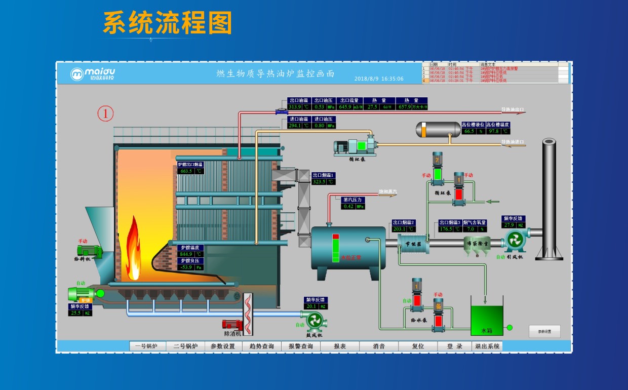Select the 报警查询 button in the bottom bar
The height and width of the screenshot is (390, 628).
[301, 346]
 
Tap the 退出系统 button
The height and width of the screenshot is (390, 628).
[487, 346]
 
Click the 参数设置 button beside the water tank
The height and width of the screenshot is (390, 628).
[544, 332]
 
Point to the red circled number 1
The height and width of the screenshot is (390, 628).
[105, 114]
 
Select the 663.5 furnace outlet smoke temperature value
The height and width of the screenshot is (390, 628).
[186, 171]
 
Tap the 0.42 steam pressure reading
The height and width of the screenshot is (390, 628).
[348, 206]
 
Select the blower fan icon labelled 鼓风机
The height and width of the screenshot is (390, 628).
[314, 321]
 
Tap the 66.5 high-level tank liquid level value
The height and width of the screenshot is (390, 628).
[469, 131]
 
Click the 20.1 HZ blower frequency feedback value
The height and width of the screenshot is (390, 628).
[311, 306]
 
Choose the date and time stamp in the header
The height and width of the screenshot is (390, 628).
[379, 79]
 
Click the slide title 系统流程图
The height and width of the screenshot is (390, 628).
[167, 23]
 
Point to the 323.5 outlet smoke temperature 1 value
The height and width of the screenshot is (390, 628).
[319, 181]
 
